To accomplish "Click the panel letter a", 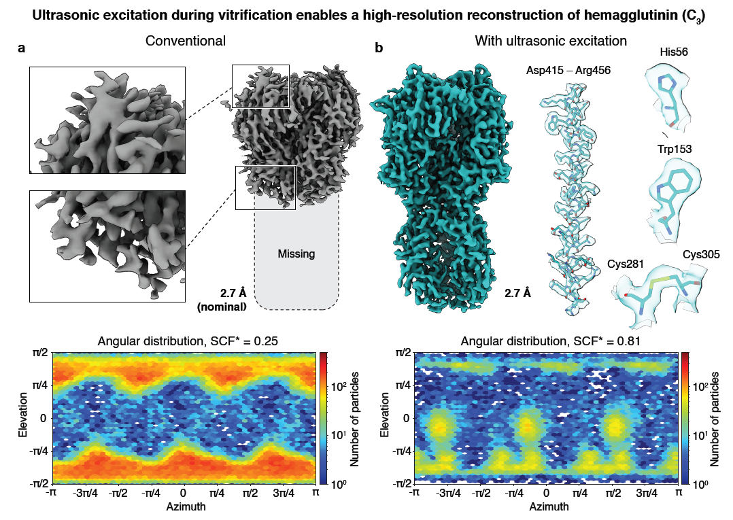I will click(x=22, y=48).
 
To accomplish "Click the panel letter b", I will click(x=379, y=48).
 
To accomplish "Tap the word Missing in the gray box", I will click(x=296, y=254).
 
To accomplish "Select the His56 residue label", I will click(x=673, y=52).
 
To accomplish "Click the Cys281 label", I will click(x=626, y=262).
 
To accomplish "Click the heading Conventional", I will click(x=186, y=41).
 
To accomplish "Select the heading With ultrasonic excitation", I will click(x=551, y=41).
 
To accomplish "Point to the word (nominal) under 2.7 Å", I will click(x=222, y=307).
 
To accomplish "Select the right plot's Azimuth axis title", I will click(x=545, y=506).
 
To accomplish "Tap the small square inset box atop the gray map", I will click(x=260, y=86).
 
